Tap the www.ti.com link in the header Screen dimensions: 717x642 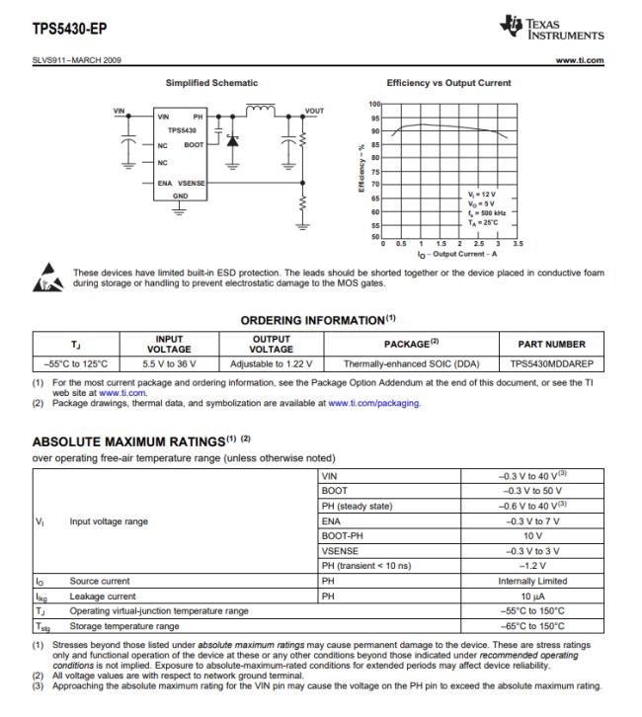pos(583,61)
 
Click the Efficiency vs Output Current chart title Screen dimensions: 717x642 pos(448,83)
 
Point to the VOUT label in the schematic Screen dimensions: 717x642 pos(315,110)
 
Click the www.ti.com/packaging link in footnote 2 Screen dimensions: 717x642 pos(374,403)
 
